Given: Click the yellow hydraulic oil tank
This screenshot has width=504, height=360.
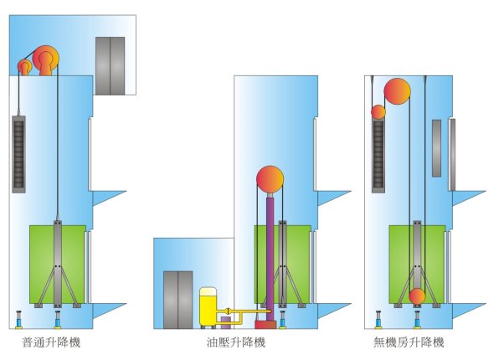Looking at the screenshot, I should click(x=208, y=307).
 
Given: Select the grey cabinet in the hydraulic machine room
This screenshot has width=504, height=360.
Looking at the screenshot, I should click(x=177, y=298).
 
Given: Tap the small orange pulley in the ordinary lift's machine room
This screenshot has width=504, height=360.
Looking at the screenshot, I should click(x=25, y=67).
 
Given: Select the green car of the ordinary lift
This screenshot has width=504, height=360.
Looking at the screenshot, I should click(x=58, y=263).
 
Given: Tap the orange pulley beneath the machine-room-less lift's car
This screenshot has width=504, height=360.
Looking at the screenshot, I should click(x=417, y=296).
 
